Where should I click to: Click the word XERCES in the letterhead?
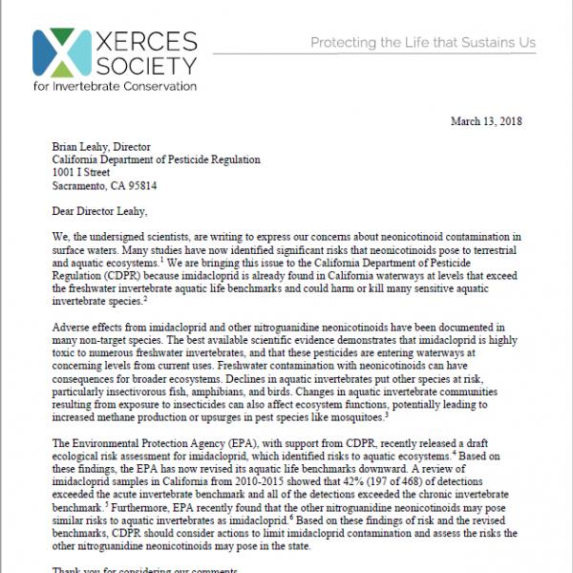point(140,41)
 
